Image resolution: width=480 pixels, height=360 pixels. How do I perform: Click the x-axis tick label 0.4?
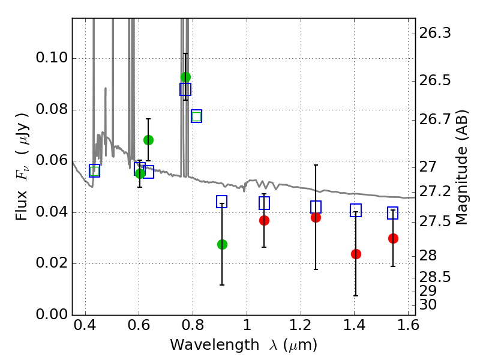pos(85,328)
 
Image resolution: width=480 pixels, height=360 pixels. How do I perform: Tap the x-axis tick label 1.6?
pos(407,328)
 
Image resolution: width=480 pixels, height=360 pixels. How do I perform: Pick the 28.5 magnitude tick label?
pos(436,277)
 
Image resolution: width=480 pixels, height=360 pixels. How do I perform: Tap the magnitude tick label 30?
pos(431,305)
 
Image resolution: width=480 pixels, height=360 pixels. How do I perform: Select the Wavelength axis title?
pos(244,345)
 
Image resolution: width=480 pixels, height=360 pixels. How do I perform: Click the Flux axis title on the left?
pos(22,158)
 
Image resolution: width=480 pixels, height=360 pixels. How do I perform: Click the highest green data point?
pos(185,77)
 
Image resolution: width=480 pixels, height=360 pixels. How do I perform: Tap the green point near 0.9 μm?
pos(222,244)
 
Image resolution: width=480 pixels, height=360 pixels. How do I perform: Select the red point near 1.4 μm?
pos(356,254)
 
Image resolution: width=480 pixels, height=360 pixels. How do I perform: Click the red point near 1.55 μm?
pos(393,238)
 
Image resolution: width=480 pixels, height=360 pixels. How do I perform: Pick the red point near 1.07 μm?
pos(264,220)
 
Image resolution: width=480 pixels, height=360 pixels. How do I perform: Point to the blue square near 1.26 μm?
pos(316,207)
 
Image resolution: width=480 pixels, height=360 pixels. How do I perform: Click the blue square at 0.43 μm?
pos(94,171)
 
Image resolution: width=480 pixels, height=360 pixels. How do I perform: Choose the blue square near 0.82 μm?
pos(196,116)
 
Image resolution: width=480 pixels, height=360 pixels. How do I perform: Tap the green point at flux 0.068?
pos(148,140)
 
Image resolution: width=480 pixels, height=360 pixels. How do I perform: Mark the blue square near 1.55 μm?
pos(393,213)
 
